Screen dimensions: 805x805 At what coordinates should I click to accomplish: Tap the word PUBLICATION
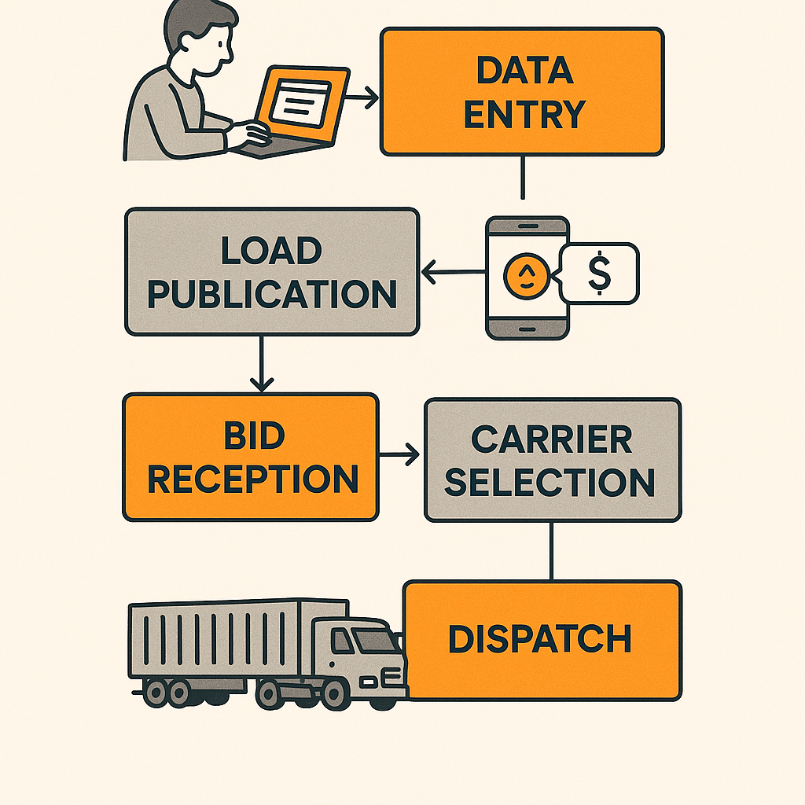[272, 294]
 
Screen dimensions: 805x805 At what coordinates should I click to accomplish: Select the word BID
[253, 437]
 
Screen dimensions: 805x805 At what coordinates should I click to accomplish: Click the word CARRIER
[551, 440]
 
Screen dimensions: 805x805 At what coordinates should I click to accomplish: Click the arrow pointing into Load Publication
[453, 274]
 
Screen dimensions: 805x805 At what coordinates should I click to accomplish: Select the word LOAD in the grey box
[271, 252]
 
